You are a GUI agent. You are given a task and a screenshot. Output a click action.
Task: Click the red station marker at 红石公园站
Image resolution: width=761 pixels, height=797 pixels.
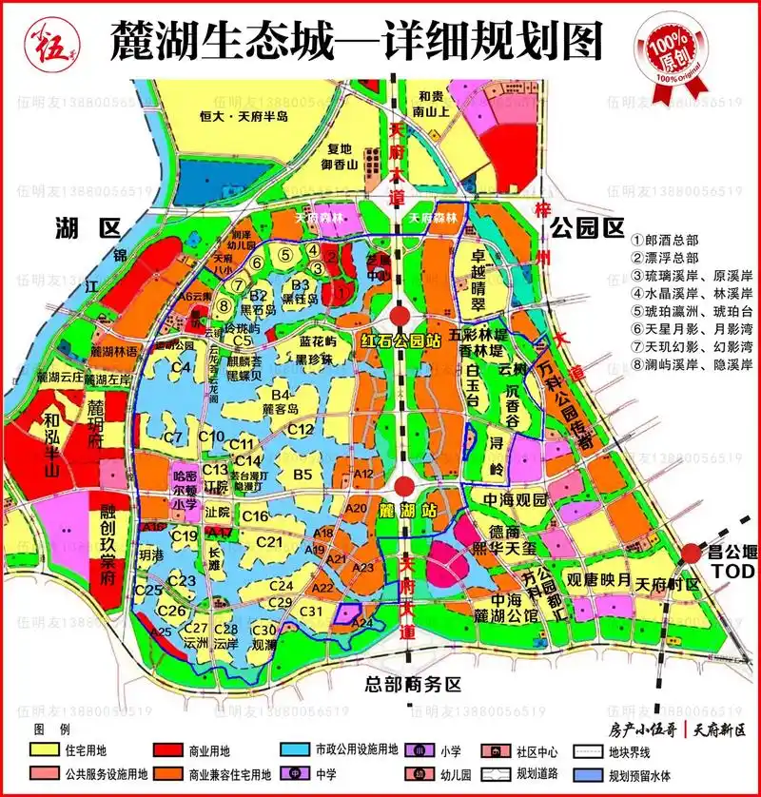(x=401, y=316)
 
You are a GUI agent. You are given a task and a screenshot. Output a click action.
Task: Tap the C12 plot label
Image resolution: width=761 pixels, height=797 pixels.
(x=301, y=430)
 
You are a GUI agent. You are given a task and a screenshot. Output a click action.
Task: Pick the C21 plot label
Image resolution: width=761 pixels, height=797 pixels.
(x=270, y=542)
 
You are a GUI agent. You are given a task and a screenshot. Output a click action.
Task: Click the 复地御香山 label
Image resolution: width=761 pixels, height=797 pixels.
(x=338, y=157)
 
